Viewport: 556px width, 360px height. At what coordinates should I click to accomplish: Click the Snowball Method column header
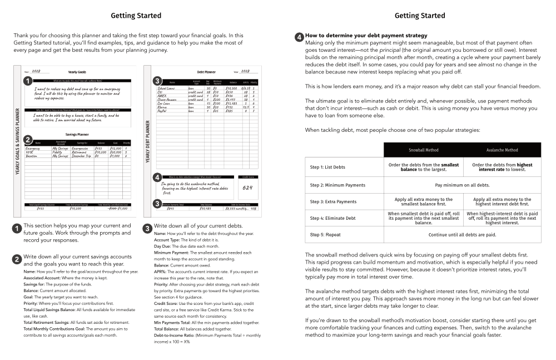point(423,150)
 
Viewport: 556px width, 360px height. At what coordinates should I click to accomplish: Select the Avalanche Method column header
point(502,150)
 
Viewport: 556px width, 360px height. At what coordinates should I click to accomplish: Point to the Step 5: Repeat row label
point(325,234)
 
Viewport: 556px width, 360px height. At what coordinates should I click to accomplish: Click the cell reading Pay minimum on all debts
point(462,185)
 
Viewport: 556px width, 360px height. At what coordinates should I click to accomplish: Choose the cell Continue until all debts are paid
point(462,234)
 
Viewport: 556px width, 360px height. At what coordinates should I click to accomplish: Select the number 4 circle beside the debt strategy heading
point(299,37)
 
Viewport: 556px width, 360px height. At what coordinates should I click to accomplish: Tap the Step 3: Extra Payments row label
point(333,201)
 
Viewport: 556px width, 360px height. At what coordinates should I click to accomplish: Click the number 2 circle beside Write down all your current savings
point(17,259)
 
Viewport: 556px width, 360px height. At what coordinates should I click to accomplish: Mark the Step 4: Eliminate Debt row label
point(332,218)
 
